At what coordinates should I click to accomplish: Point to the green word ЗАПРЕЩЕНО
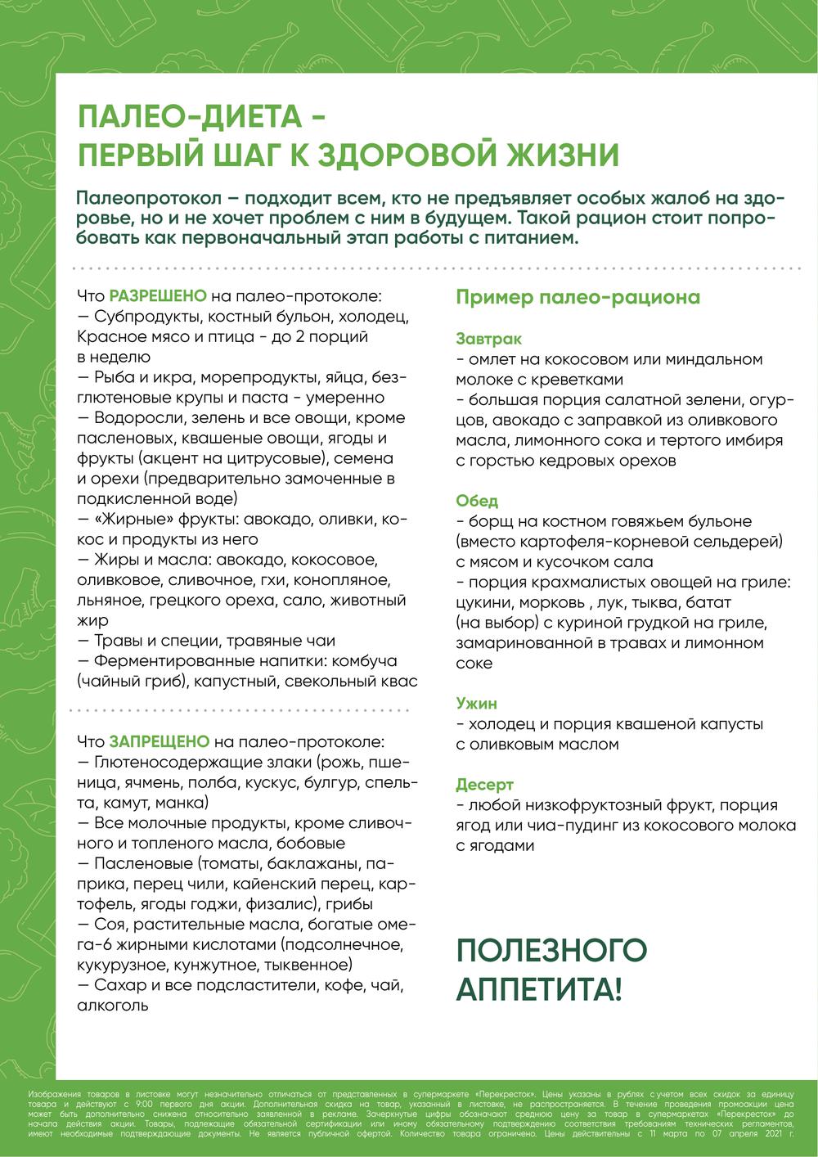coord(160,742)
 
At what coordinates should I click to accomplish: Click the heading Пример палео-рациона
coord(578,297)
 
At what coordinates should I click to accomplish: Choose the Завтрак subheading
coord(489,339)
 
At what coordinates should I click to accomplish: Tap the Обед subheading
coord(477,501)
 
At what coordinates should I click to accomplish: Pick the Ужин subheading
coord(476,704)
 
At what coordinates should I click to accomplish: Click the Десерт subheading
coord(484,785)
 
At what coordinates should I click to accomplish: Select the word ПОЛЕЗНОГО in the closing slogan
coord(551,950)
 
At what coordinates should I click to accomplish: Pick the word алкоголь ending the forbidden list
coord(112,1006)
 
